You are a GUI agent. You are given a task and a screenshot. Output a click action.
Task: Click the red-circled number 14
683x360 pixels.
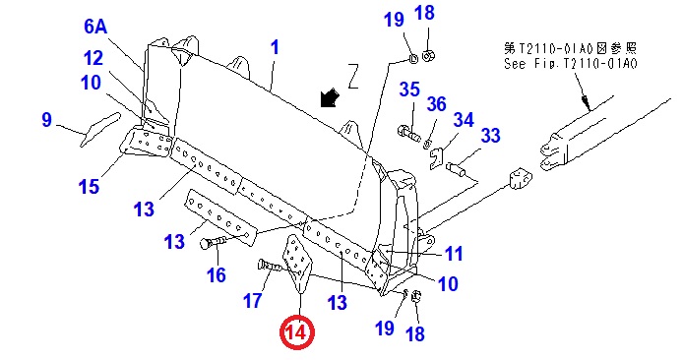[x=297, y=333]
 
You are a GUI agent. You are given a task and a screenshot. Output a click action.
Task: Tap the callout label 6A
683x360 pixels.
[x=95, y=27]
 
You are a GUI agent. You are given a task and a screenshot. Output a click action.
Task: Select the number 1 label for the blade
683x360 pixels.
[x=275, y=47]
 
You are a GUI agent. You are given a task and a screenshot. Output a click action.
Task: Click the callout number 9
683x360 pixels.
[x=46, y=120]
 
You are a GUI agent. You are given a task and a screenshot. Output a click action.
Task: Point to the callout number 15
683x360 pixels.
[x=89, y=187]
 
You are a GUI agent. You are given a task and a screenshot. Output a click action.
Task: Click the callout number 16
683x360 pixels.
[x=217, y=275]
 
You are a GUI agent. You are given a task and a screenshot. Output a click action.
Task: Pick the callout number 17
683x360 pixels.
[x=253, y=300]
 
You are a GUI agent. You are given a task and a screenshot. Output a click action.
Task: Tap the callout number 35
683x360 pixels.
[x=409, y=90]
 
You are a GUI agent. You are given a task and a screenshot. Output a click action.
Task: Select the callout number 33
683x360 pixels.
[x=490, y=136]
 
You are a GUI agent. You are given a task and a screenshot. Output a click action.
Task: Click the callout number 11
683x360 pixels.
[x=454, y=254]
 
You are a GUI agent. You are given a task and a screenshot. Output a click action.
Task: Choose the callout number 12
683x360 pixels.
[x=93, y=58]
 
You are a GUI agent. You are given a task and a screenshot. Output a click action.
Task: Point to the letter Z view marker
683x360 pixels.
[x=353, y=76]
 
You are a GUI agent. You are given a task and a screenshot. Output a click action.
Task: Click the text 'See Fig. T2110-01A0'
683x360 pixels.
[x=571, y=64]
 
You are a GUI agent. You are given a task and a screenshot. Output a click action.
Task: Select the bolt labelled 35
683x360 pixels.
[x=409, y=133]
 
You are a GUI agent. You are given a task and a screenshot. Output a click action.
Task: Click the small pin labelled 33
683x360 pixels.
[x=457, y=168]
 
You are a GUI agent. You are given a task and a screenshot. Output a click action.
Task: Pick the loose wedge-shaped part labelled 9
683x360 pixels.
[x=99, y=129]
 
